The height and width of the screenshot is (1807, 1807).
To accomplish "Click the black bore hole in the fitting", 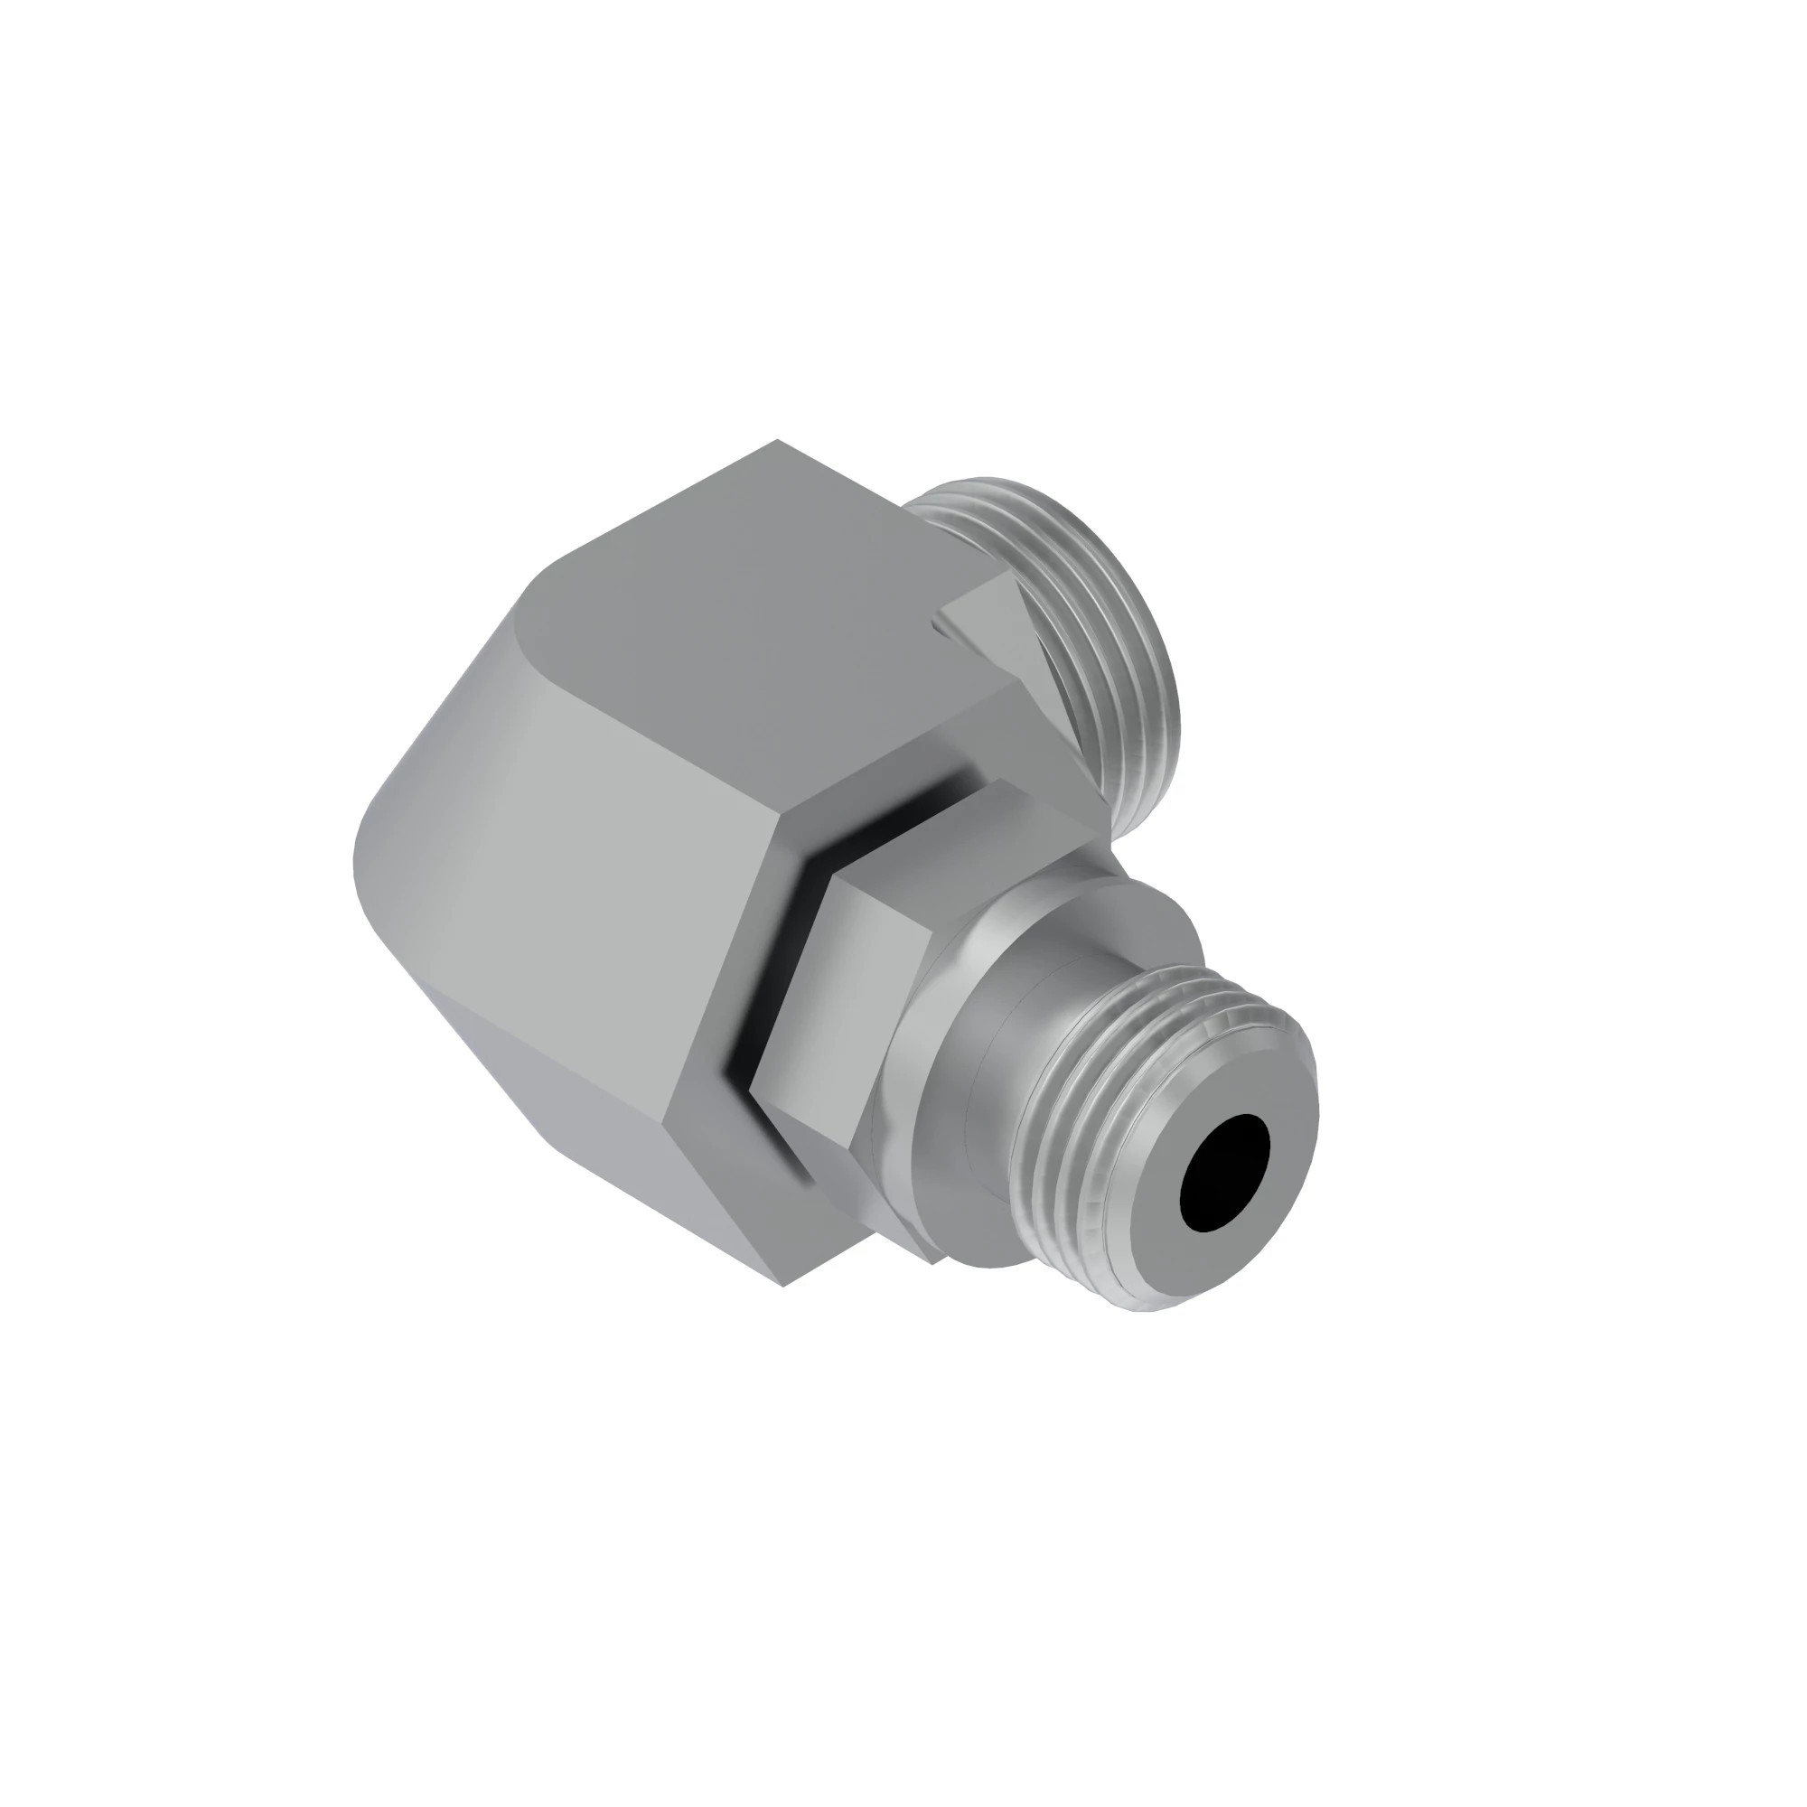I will pos(1225,1173).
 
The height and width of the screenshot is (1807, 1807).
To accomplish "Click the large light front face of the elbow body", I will pos(580,888).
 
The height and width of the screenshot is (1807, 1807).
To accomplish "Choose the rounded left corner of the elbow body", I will pos(374,842).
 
